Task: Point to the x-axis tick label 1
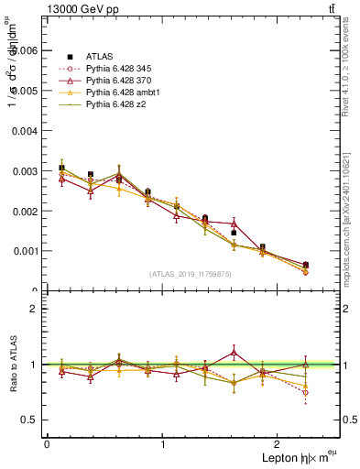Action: coord(163,444)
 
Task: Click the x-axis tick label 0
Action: coord(47,444)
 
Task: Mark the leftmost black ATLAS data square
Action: coord(61,168)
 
